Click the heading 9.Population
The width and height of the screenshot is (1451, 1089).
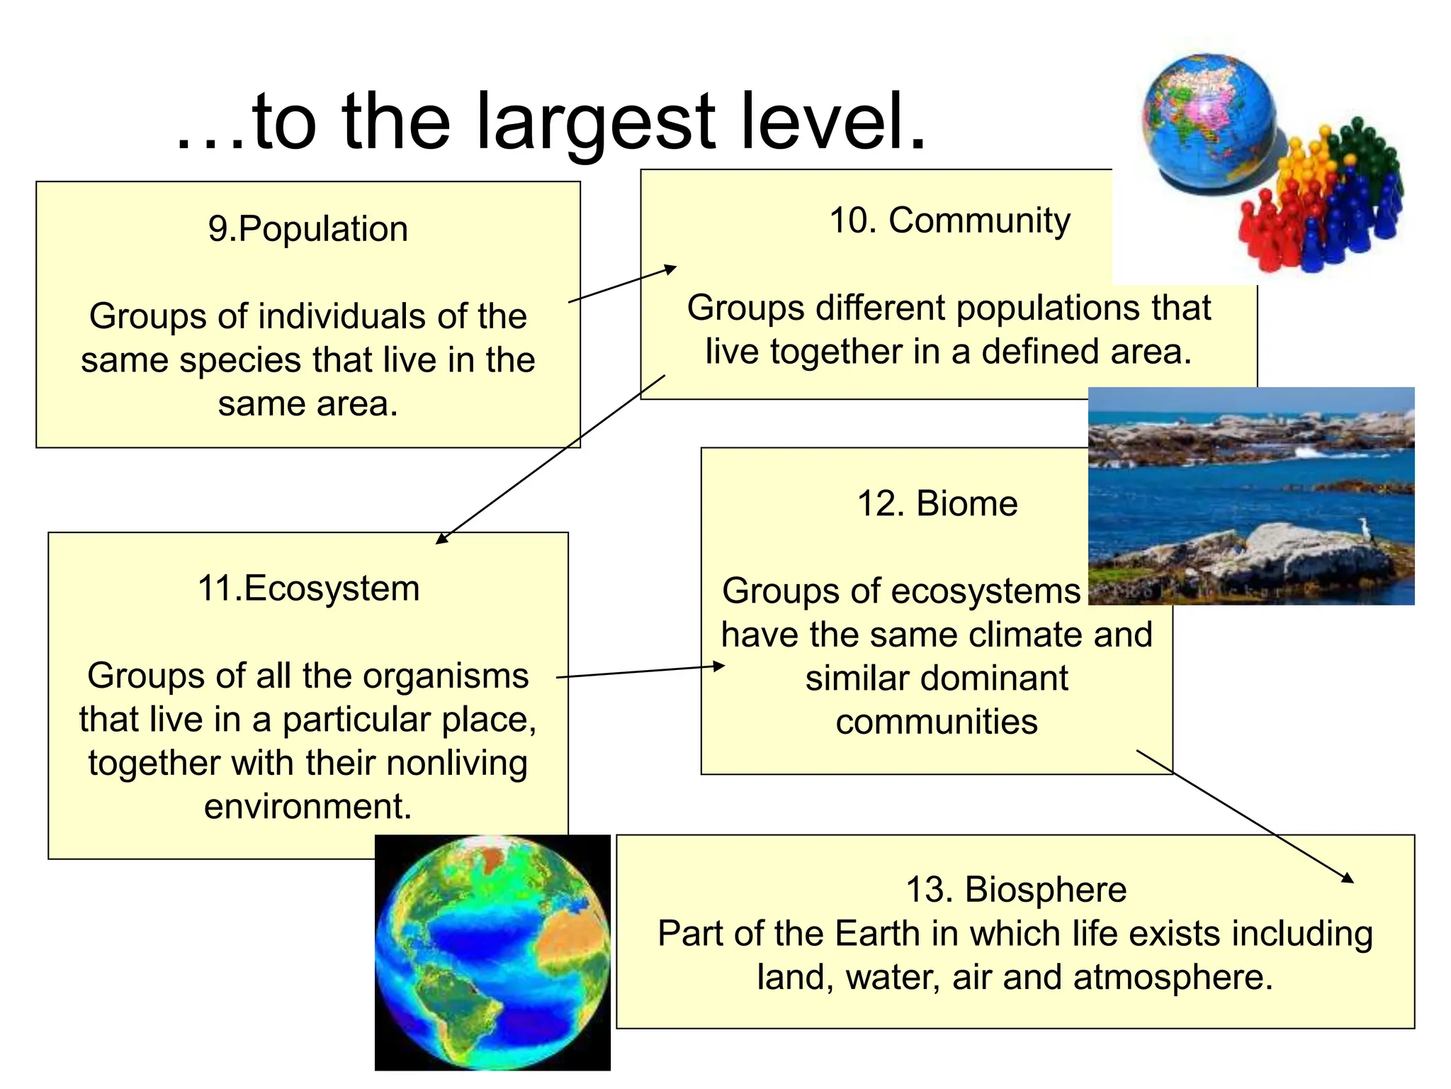[308, 230]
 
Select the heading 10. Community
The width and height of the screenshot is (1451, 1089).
[949, 221]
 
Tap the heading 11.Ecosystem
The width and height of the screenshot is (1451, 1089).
[308, 589]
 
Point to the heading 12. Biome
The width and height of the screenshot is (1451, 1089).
[937, 505]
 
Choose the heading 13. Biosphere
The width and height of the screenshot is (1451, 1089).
[1016, 890]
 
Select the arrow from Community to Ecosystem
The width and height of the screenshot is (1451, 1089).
[551, 459]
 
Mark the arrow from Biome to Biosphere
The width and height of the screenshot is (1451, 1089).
[1245, 816]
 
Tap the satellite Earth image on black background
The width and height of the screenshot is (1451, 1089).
[492, 952]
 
